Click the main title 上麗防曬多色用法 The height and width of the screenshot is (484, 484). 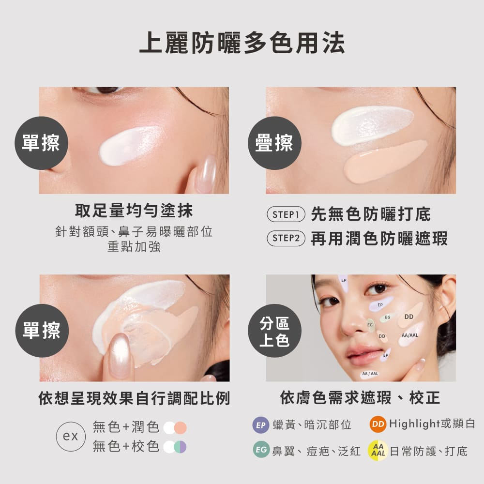pos(242,43)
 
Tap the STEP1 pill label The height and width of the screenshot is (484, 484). pos(286,214)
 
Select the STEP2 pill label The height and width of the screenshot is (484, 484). pos(286,238)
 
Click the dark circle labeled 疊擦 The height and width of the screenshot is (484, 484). pos(274,143)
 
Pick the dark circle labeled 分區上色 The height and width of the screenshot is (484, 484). pos(274,331)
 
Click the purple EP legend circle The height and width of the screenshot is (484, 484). pos(261,425)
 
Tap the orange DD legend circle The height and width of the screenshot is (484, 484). pos(378,424)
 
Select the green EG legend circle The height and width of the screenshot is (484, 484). pos(261,450)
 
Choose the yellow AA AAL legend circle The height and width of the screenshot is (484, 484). pos(378,450)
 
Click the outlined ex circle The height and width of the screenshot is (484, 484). pos(71,437)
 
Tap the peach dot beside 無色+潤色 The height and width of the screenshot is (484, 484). pos(180,428)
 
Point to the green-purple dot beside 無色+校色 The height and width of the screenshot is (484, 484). pos(180,447)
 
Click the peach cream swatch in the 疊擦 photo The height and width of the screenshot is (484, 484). pos(385,162)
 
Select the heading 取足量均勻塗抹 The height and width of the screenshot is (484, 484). pos(134,211)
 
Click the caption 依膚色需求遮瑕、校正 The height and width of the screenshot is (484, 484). pos(360,397)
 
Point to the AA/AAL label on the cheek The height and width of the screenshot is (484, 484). pos(410,335)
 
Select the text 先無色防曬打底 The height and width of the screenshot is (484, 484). pos(371,214)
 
